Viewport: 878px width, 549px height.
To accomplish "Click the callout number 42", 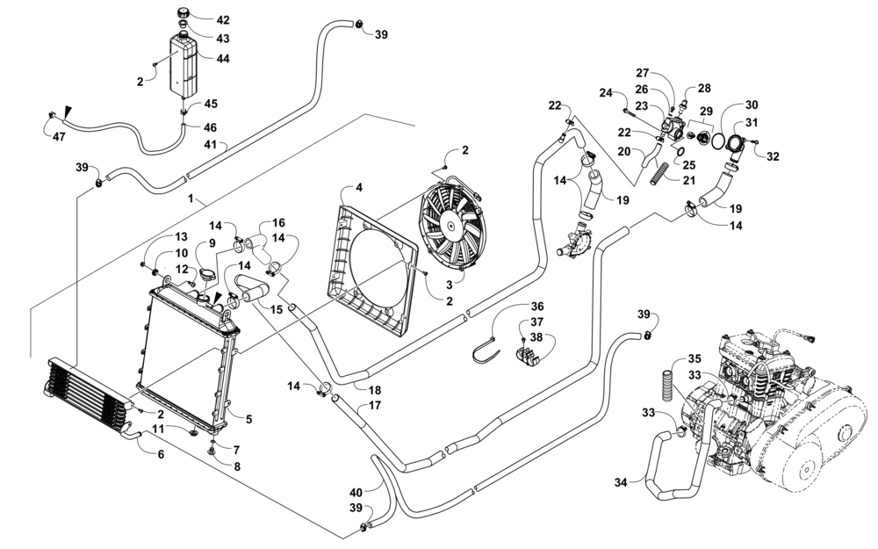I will pos(222,19).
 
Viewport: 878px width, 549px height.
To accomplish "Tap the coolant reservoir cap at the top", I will pos(186,15).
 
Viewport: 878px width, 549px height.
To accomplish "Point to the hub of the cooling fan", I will pos(452,226).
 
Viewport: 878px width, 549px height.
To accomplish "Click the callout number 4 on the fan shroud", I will pos(358,188).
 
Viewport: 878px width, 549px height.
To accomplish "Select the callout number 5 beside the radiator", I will pos(248,420).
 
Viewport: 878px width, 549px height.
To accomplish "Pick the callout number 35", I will pos(694,358).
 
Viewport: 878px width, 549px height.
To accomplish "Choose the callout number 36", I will pos(536,307).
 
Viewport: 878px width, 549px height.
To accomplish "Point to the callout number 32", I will pos(773,156).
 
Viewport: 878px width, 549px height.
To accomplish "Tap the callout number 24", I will pos(605,92).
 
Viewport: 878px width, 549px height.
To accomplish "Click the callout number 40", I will pos(356,492).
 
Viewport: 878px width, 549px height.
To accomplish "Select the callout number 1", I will pos(191,199).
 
